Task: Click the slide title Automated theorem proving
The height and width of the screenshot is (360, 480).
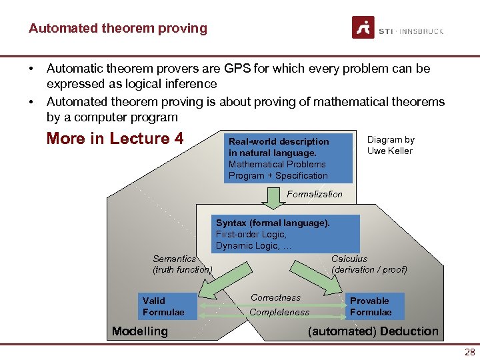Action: click(x=117, y=29)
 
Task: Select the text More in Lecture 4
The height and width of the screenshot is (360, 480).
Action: click(x=115, y=139)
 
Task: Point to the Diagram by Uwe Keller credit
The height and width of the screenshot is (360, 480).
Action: click(x=391, y=145)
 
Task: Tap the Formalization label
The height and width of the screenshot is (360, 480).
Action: click(x=314, y=194)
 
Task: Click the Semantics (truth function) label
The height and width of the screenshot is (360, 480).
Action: click(x=182, y=264)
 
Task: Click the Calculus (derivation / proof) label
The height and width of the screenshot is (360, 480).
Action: click(x=369, y=264)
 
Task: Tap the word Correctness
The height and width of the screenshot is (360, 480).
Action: click(x=275, y=297)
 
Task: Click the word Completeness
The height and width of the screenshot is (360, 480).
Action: click(x=279, y=312)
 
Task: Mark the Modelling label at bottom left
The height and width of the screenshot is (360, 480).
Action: click(x=140, y=331)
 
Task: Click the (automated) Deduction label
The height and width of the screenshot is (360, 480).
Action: click(x=373, y=331)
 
